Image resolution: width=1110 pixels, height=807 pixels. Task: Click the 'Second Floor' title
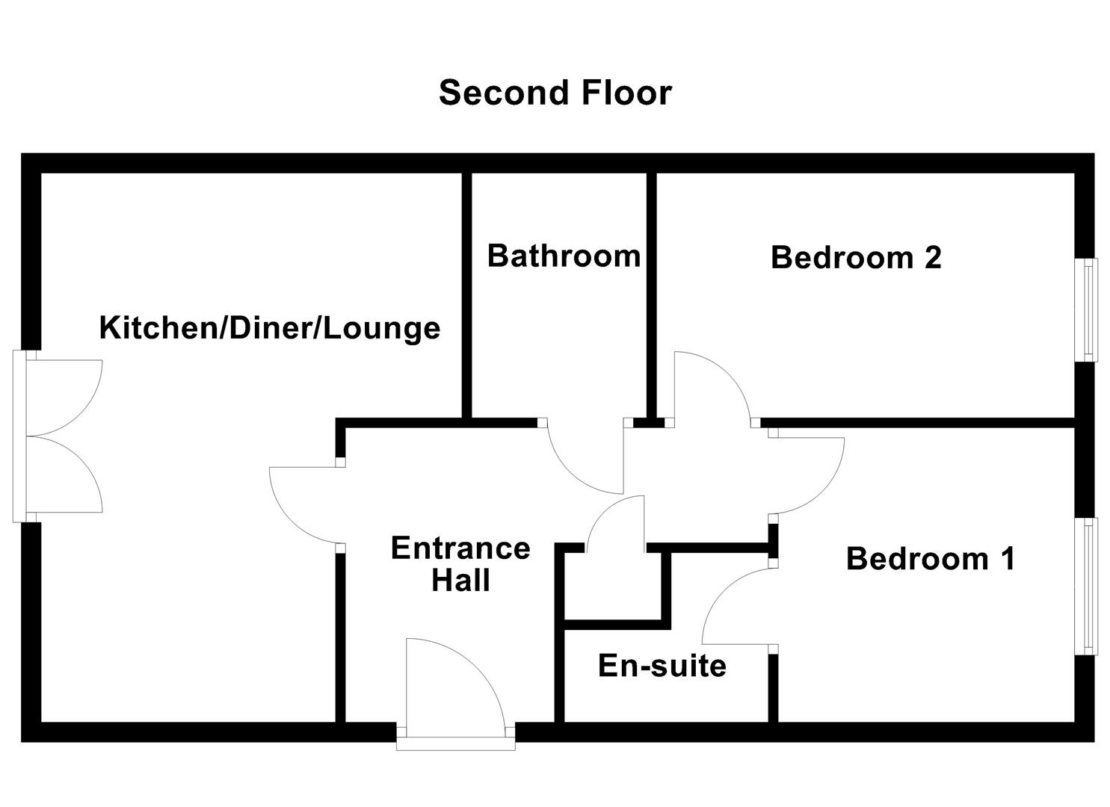555,93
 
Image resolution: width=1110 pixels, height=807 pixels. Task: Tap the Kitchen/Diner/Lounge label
269,328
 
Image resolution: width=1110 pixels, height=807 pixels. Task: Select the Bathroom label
564,256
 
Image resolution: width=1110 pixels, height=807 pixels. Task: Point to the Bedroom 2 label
855,257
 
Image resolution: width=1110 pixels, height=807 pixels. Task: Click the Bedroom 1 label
931,558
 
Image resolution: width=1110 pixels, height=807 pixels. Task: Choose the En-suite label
662,665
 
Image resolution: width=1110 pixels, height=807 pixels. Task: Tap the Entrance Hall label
460,564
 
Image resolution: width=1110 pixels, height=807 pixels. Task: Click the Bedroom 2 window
1091,309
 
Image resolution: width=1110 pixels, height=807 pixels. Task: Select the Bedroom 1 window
1091,586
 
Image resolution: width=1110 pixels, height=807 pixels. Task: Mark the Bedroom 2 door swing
710,389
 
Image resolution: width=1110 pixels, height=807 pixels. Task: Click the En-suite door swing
736,605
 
